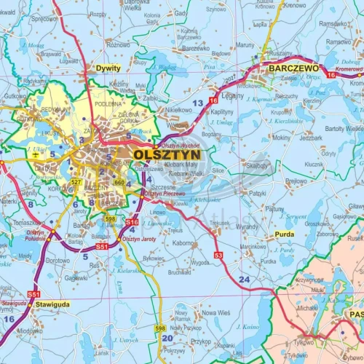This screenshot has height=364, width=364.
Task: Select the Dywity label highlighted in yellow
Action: click(x=107, y=68)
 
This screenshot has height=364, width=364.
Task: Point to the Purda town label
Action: click(x=285, y=235)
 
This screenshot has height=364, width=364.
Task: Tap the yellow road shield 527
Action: click(x=76, y=181)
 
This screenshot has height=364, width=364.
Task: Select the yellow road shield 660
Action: click(x=120, y=182)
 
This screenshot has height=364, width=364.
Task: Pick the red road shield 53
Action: click(x=218, y=255)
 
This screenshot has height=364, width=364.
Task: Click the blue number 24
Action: click(x=244, y=279)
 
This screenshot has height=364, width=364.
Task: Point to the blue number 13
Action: click(x=198, y=103)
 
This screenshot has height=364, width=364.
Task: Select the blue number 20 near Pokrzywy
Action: click(x=167, y=337)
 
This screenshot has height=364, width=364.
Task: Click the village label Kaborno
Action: click(x=184, y=243)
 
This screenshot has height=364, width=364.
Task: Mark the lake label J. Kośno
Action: click(x=247, y=328)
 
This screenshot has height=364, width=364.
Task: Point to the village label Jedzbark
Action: click(x=311, y=137)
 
